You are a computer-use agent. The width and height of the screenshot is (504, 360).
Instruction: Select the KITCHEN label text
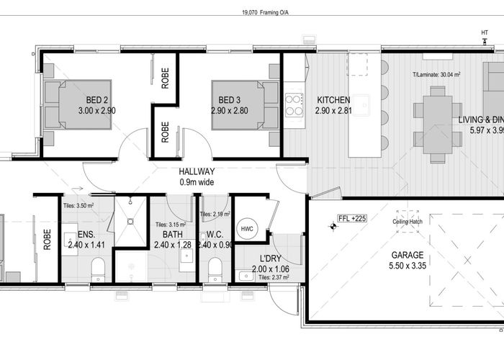click(333, 100)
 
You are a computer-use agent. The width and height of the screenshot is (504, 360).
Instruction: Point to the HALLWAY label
click(197, 171)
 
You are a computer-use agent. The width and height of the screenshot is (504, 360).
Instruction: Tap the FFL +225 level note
click(353, 219)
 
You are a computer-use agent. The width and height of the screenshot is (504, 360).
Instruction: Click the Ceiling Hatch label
click(407, 221)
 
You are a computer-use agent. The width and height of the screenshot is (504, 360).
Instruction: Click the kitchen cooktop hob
click(295, 106)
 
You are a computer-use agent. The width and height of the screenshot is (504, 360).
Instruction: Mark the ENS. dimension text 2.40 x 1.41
click(87, 244)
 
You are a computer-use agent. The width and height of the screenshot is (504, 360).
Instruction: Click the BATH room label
click(171, 234)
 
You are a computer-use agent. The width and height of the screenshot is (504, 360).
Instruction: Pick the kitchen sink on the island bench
click(364, 101)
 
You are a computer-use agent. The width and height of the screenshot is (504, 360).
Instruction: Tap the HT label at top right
click(484, 32)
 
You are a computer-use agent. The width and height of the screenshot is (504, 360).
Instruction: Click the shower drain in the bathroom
click(130, 222)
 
